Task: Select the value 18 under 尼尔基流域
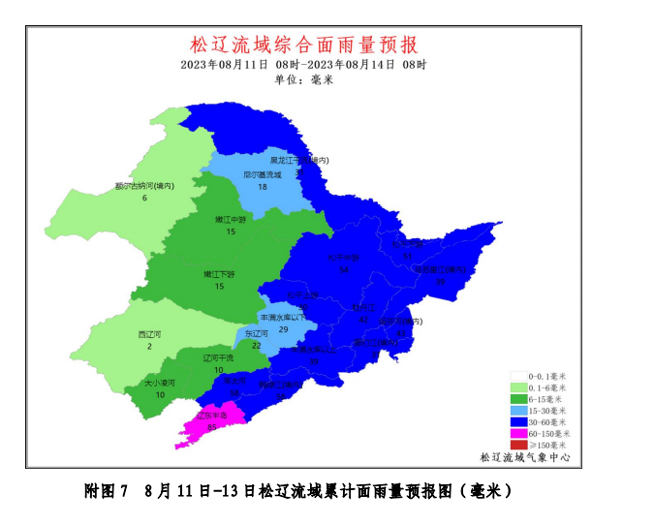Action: pos(262,187)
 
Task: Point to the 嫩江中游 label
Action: pos(231,220)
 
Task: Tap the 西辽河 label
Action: pos(149,334)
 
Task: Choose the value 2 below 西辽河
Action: pos(149,347)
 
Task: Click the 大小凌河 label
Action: pos(160,383)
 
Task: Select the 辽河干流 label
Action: pos(219,358)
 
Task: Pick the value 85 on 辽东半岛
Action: pos(211,426)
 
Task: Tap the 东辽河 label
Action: pos(256,333)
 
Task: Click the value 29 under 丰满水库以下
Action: pos(283,330)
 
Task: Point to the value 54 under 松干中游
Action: pos(344,270)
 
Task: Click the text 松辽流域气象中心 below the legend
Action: pos(524,457)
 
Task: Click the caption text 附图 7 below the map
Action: pos(107,491)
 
